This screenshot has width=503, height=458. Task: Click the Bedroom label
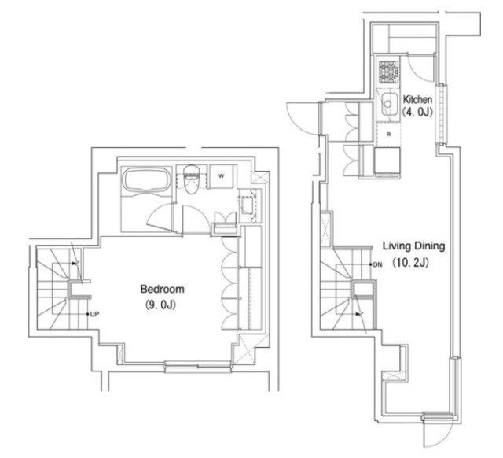[163, 289]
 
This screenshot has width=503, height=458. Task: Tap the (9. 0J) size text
[160, 305]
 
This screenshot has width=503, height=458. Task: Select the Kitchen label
[417, 99]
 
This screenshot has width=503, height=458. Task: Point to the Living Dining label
[414, 246]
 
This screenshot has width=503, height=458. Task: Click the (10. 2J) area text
[410, 263]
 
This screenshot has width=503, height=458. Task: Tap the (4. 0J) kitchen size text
[417, 113]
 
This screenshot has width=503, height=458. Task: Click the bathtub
[147, 180]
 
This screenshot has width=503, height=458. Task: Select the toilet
[192, 179]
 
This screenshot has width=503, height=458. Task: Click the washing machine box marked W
[221, 176]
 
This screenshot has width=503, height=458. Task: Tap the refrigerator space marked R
[388, 135]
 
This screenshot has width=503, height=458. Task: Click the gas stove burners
[388, 72]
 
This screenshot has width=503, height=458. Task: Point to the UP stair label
[94, 314]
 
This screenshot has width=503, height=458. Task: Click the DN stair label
[377, 264]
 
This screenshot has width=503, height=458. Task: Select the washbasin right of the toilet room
[248, 206]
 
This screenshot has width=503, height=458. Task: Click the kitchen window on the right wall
[441, 114]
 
